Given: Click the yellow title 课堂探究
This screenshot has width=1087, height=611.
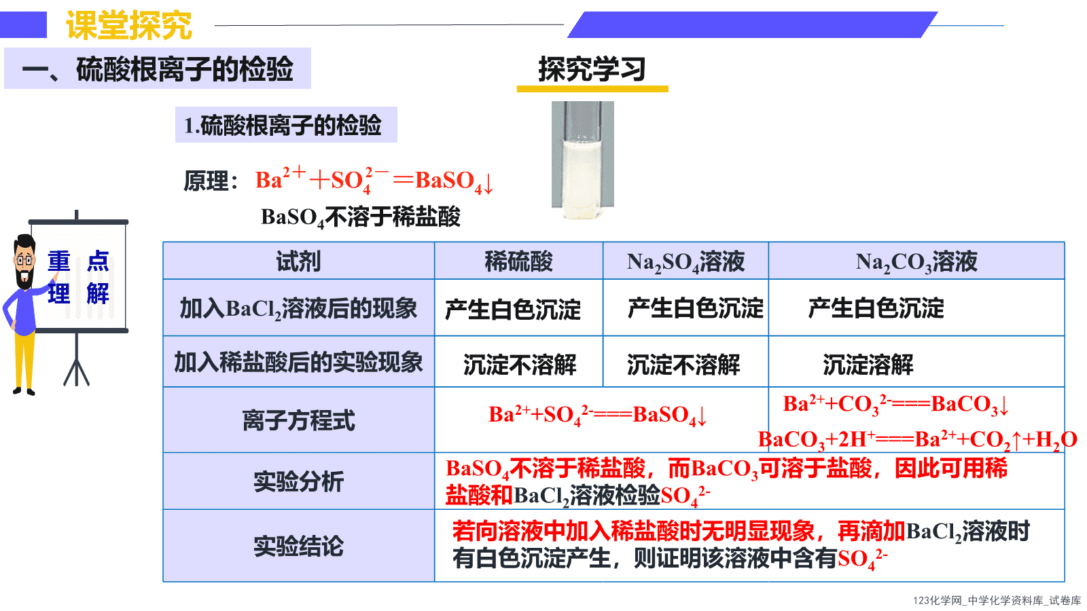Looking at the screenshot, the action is click(x=129, y=25).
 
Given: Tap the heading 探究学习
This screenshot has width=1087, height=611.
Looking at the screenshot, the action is click(x=592, y=69).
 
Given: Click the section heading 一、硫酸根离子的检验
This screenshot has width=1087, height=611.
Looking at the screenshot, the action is click(x=158, y=69).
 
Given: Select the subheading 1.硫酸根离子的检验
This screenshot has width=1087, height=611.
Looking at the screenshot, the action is click(x=283, y=125).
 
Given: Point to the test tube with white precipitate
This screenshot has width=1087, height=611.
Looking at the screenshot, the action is click(x=582, y=160).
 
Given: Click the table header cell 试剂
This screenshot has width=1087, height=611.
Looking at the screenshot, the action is click(x=298, y=261).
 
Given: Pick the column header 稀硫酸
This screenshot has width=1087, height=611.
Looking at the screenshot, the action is click(x=519, y=261).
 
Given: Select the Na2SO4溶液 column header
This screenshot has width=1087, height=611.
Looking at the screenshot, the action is click(x=685, y=262).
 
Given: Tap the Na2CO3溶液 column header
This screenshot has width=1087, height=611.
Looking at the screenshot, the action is click(x=916, y=262).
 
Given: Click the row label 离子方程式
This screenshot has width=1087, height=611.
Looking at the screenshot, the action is click(x=298, y=420).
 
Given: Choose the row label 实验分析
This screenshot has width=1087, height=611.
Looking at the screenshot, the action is click(x=298, y=481).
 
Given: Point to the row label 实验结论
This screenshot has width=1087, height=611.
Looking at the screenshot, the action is click(x=298, y=546).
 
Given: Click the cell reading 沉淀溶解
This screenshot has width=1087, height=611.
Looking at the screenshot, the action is click(x=868, y=365).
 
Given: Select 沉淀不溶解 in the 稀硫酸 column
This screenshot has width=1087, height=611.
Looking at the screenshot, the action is click(x=520, y=365).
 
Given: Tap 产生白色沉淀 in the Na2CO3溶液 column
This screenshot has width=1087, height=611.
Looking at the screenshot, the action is click(x=876, y=308).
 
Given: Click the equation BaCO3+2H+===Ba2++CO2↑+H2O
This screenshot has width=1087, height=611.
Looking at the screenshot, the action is click(x=917, y=440).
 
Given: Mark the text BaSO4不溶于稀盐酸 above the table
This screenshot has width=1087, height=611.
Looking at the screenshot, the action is click(x=361, y=217).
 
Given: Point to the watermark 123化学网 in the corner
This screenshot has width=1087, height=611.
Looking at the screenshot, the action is click(x=938, y=600).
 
